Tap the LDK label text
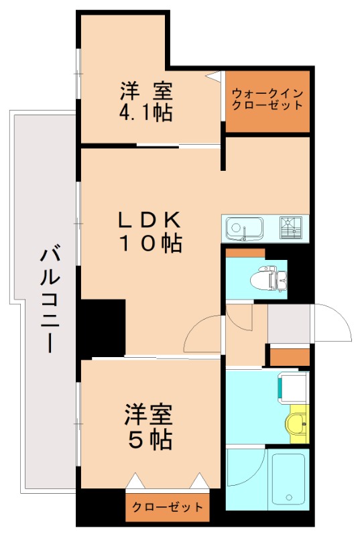coord(149,220)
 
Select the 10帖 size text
coord(149,244)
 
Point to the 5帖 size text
coord(149,440)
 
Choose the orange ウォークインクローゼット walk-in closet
coord(267,100)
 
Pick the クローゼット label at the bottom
coord(168,507)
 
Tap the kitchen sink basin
coord(238,228)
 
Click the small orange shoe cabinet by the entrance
coord(290,356)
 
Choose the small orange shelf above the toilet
coord(245,253)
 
